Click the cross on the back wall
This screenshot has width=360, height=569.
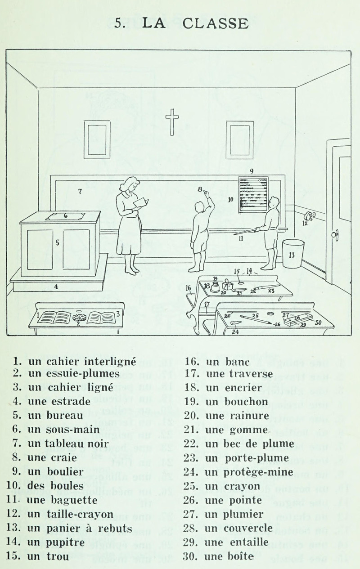(172, 121)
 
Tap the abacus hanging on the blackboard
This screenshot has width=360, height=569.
(253, 194)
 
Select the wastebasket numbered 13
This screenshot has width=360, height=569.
(293, 254)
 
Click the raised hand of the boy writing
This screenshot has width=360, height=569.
(206, 194)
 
